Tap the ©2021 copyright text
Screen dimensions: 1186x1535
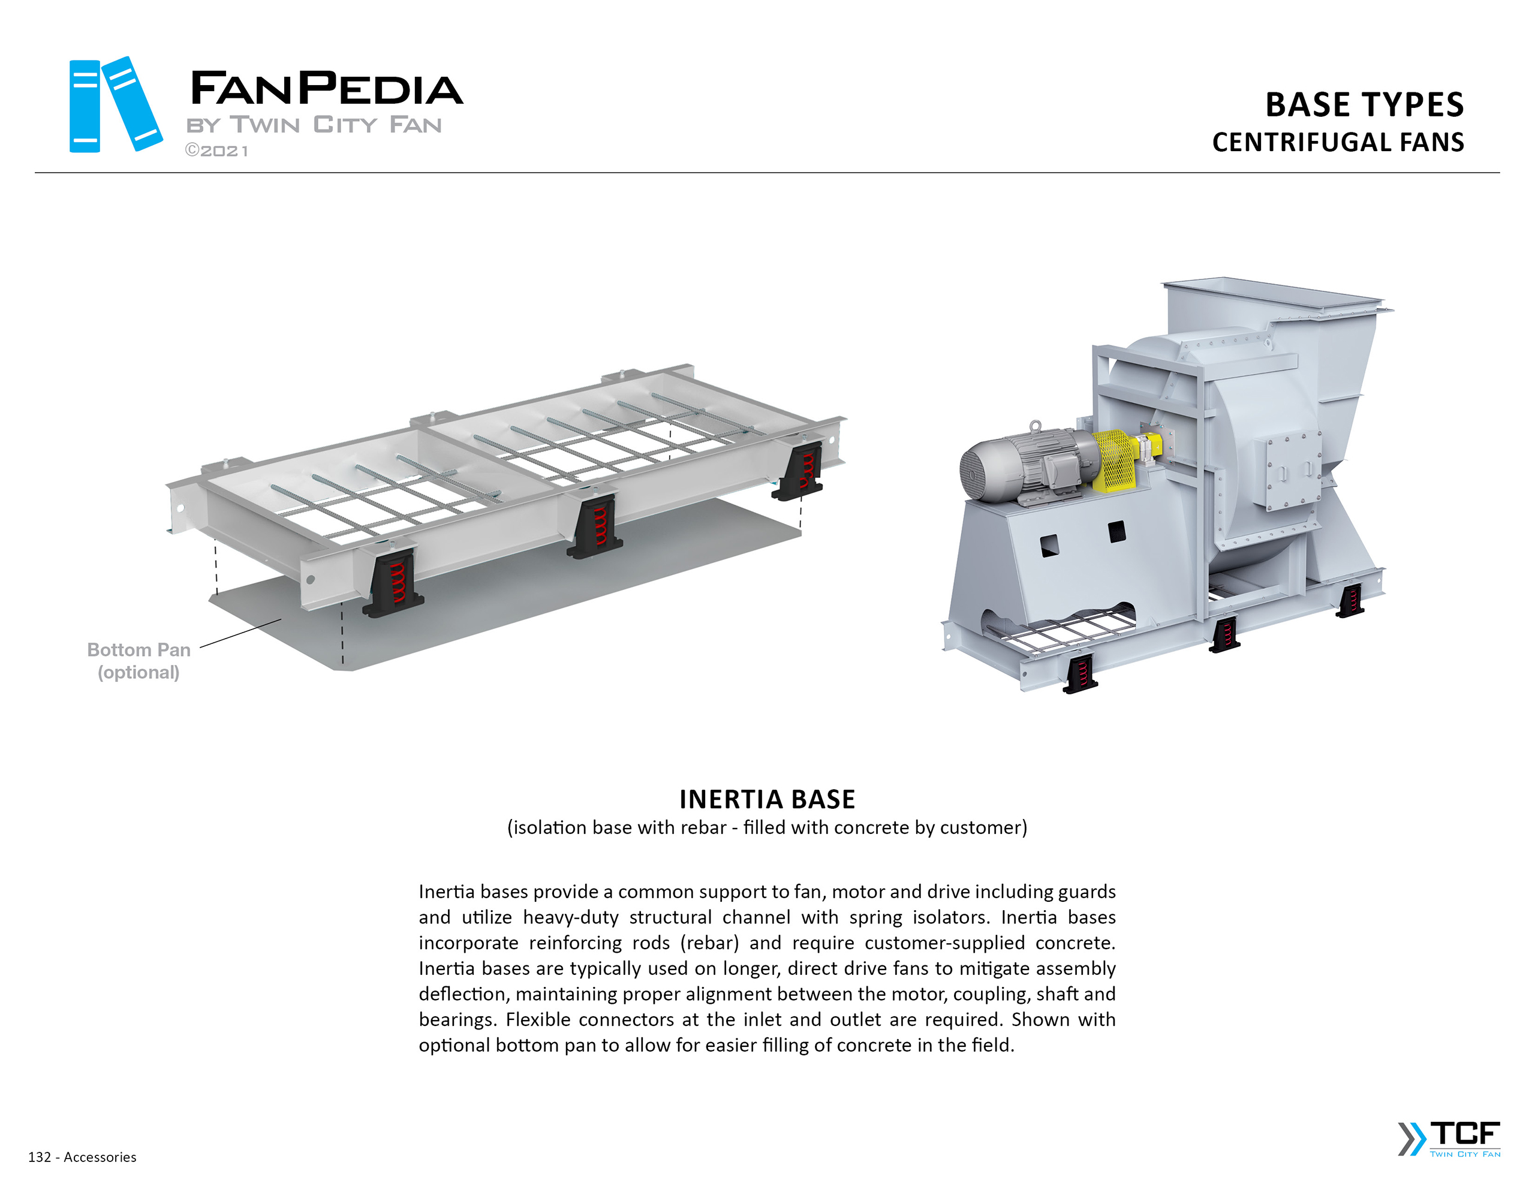pos(216,151)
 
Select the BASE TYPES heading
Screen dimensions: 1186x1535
pos(1364,105)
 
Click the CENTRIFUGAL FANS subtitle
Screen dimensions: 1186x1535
pos(1338,142)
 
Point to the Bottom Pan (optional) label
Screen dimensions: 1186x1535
pos(139,661)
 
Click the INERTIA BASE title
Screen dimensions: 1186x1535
pos(767,799)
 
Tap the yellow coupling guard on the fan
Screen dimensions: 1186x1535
pos(1114,460)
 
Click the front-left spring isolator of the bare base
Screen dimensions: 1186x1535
pos(393,583)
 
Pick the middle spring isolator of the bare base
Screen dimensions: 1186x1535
pos(595,525)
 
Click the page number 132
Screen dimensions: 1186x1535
pos(40,1157)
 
